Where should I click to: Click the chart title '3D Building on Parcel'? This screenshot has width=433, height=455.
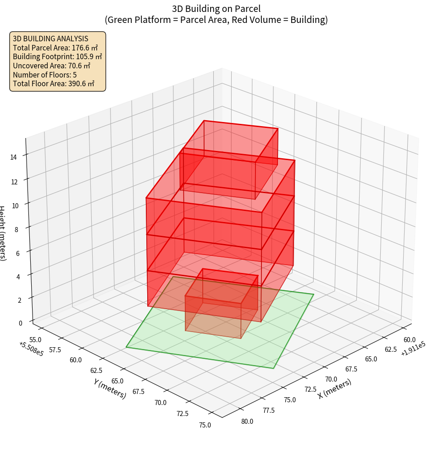coord(216,8)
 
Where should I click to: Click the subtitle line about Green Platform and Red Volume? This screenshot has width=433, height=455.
coord(216,20)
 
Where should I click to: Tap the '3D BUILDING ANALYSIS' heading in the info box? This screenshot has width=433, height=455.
coord(50,39)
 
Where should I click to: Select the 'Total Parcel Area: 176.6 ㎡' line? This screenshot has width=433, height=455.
coord(56,48)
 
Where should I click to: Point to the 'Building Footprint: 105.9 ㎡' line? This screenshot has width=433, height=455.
coord(57,57)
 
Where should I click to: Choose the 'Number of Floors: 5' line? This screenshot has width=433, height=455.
coord(45,75)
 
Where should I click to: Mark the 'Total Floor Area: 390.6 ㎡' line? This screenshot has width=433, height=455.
coord(54,83)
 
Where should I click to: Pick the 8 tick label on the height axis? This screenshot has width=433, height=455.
coord(16,229)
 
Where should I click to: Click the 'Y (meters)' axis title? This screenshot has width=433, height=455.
coord(110,388)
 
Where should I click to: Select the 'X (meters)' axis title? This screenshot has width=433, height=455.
coord(334,388)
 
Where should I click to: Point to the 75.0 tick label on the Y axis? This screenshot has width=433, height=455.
coord(205,425)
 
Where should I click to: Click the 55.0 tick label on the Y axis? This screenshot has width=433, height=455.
coord(35,339)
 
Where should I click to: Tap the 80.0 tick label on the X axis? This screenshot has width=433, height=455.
coord(247,421)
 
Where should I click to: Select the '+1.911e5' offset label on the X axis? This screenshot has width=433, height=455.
coord(412,347)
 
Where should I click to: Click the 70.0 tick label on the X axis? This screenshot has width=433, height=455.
coord(331,379)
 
